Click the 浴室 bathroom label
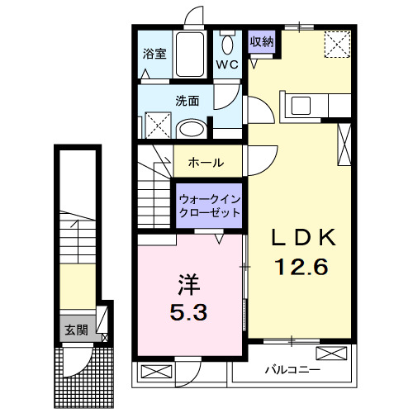154,56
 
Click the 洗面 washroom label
186,102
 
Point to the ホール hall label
206,163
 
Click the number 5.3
189,313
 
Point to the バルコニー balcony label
292,368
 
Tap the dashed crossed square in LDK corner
336,43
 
